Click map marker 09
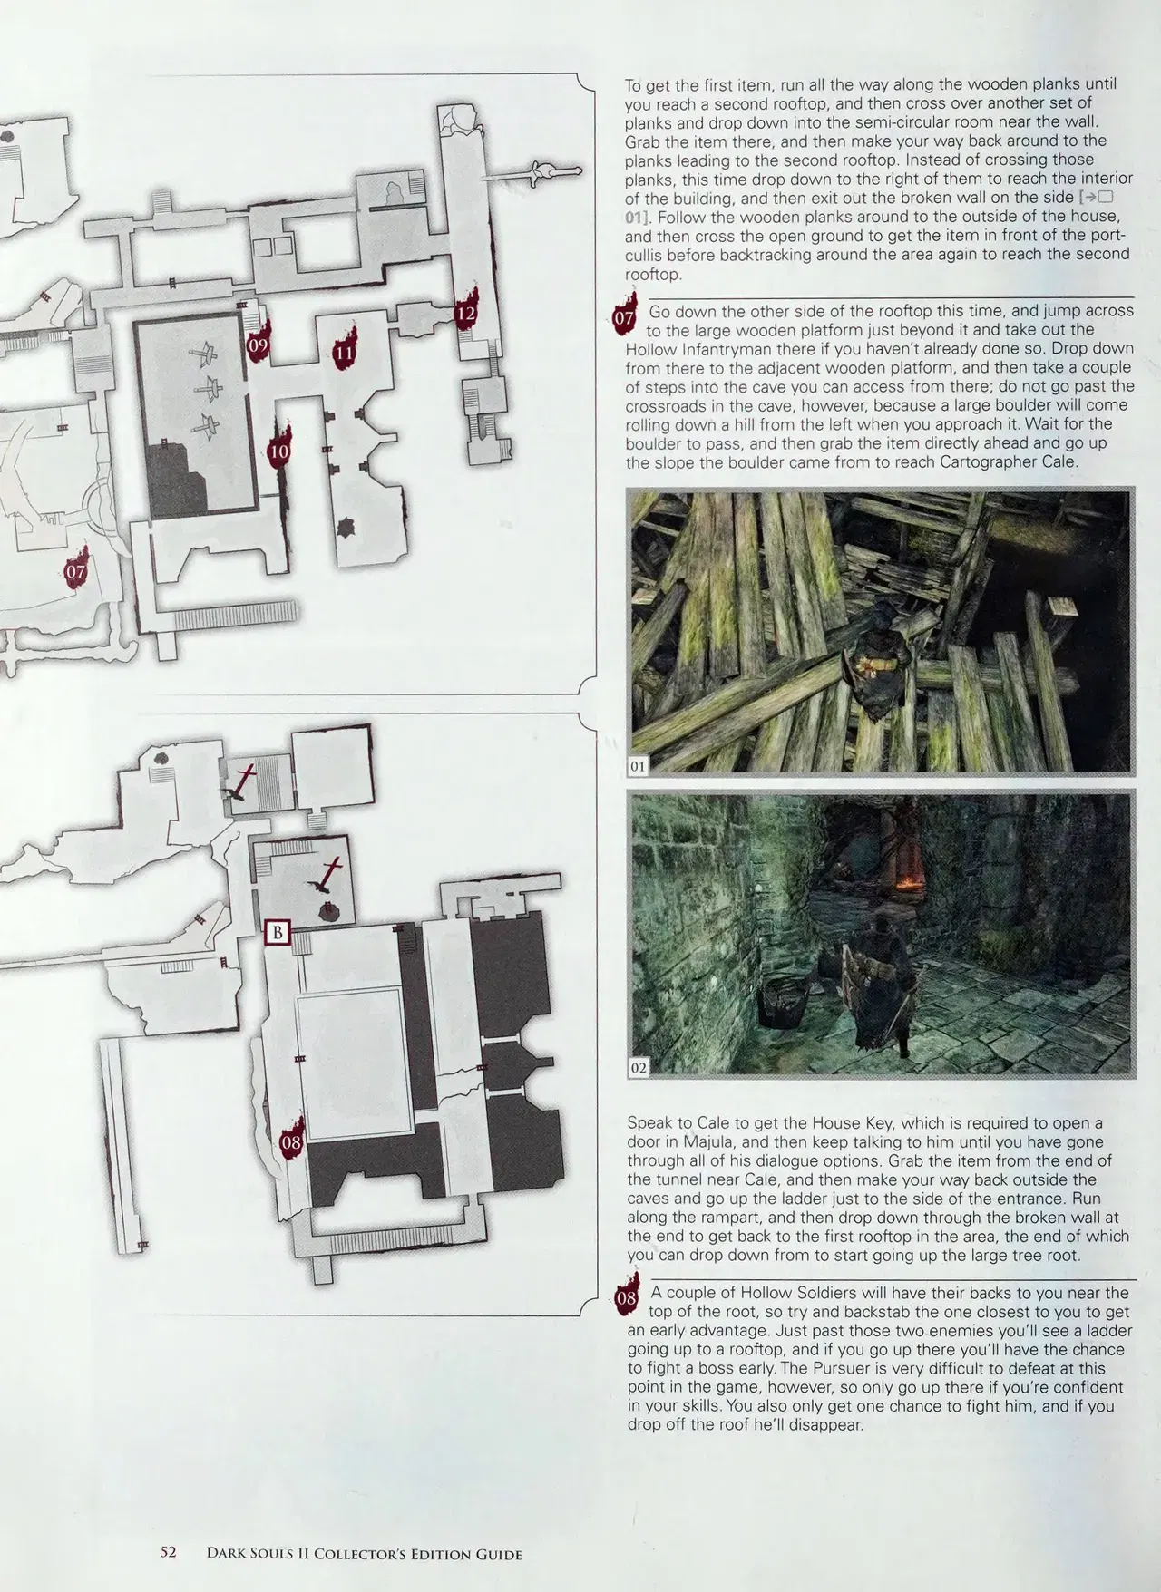(x=258, y=342)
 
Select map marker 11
(x=344, y=351)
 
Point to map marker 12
(x=466, y=312)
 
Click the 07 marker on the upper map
(x=76, y=568)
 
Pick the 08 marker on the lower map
(x=291, y=1140)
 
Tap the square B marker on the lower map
(x=278, y=932)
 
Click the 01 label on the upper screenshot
(x=639, y=766)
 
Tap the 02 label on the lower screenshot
(x=639, y=1067)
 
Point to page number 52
(x=168, y=1552)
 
